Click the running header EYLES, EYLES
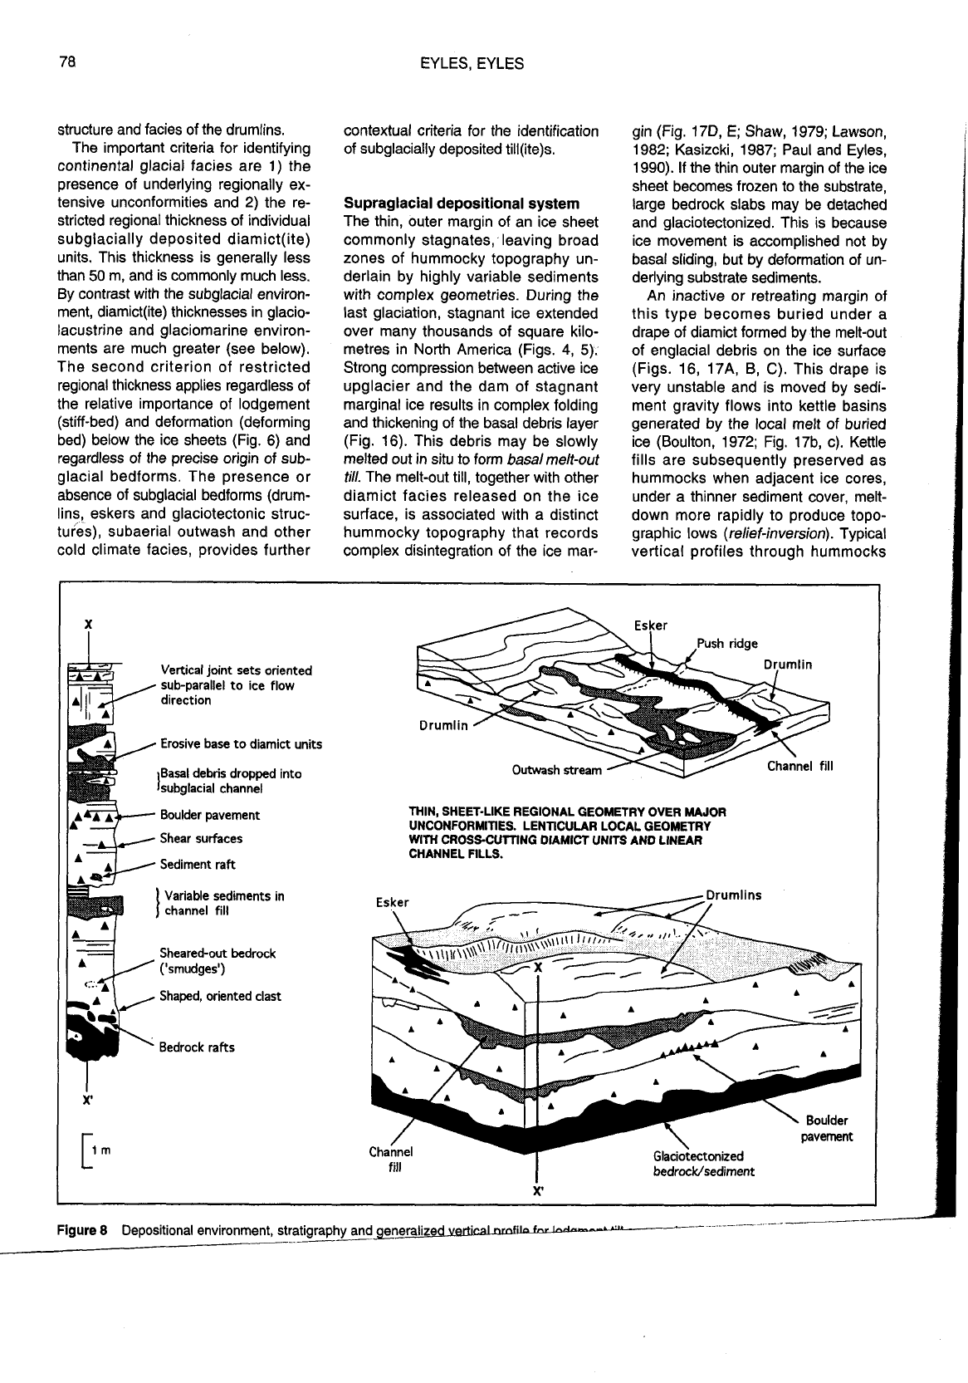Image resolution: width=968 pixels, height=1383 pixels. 472,63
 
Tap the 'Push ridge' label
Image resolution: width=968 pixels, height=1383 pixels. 727,643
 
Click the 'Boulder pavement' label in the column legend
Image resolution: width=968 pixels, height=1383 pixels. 209,815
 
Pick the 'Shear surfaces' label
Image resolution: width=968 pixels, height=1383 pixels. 201,838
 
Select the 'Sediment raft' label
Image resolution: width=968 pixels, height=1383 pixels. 198,864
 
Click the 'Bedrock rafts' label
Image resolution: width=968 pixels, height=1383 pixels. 197,1047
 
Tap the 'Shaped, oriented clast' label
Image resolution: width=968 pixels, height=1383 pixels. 220,996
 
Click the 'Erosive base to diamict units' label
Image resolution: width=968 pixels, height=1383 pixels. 241,743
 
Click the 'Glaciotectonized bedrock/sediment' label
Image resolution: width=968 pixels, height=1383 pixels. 703,1163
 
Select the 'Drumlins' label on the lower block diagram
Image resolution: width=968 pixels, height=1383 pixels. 733,895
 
